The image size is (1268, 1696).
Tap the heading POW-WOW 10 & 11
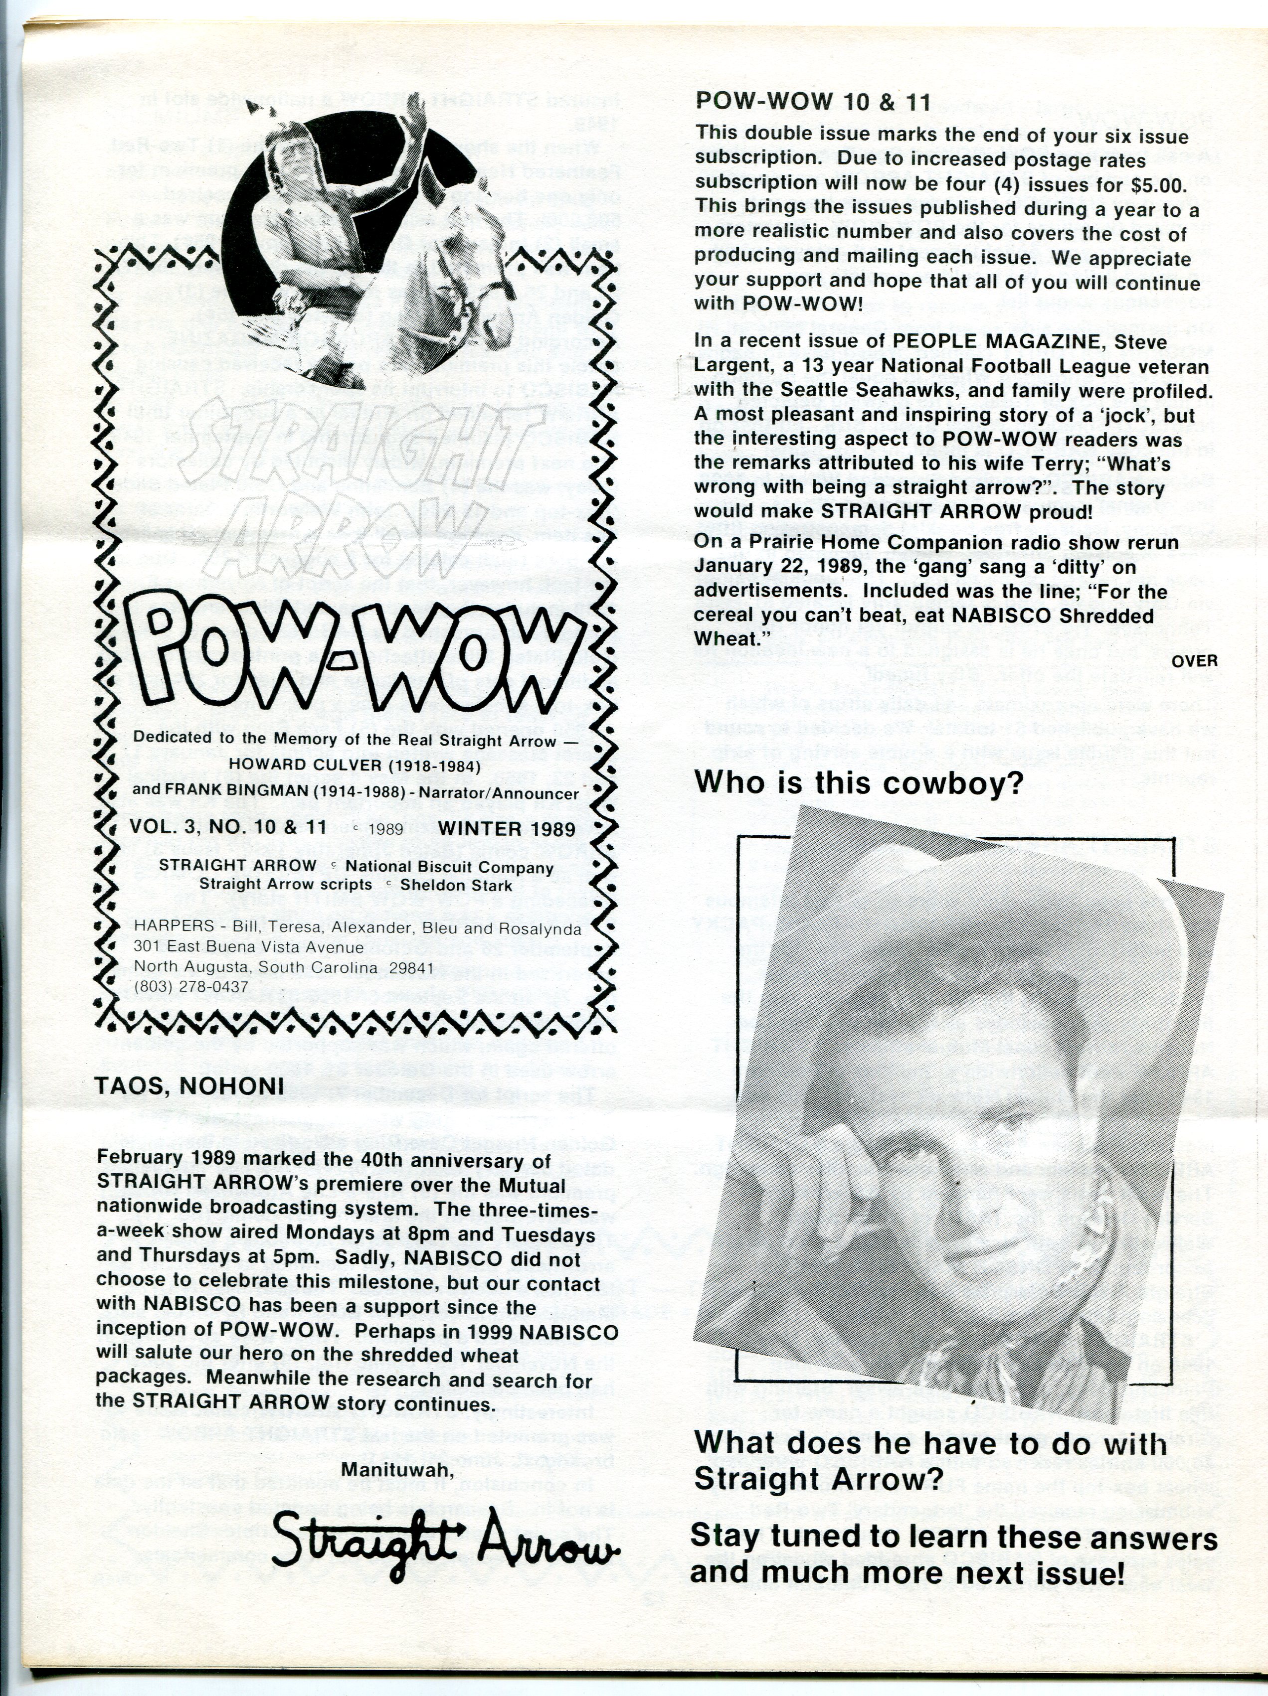812,102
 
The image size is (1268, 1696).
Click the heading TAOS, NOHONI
189,1085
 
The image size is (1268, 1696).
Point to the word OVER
1194,660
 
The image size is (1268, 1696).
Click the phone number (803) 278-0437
190,987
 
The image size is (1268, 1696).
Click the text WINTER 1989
506,829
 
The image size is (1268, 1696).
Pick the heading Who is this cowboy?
858,783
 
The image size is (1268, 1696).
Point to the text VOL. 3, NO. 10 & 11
228,827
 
